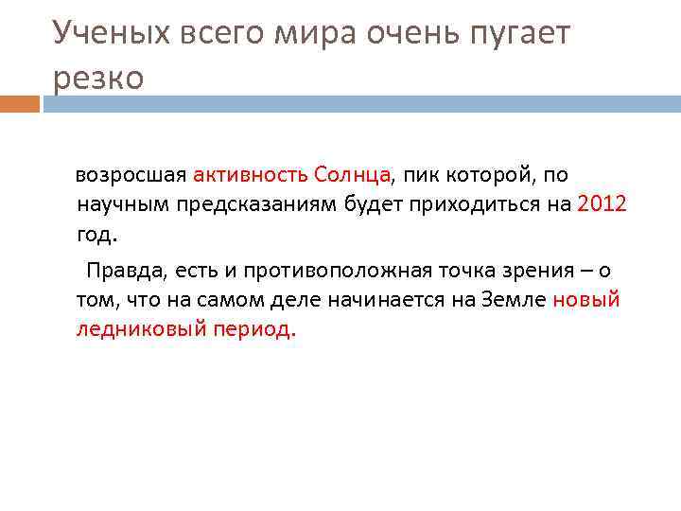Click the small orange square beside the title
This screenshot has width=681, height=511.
point(19,102)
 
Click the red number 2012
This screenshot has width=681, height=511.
point(601,203)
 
